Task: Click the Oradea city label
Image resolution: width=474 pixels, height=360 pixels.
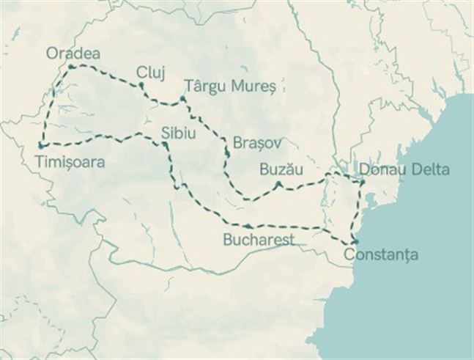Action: (73, 54)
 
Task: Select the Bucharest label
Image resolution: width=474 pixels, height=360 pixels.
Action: (259, 240)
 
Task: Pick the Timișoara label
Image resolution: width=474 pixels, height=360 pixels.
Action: (68, 160)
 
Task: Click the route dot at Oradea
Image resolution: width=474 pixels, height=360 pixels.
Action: (70, 67)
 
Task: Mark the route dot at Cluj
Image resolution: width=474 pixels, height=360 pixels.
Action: (141, 86)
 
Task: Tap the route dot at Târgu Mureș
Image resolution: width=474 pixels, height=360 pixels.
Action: (182, 98)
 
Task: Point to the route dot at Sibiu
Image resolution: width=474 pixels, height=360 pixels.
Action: (166, 146)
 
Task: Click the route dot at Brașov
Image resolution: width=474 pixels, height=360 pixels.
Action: (228, 153)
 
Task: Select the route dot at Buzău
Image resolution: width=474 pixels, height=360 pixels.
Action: (278, 183)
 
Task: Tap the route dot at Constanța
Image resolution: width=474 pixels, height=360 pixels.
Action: (355, 241)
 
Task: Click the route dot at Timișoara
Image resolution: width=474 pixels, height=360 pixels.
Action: (40, 146)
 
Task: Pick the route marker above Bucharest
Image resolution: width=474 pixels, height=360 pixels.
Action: (251, 227)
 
